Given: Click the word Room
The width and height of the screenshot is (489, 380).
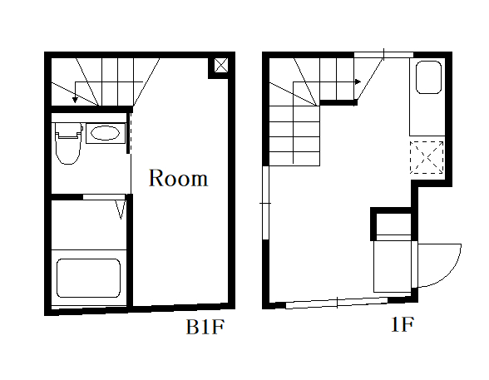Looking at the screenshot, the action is (x=178, y=178).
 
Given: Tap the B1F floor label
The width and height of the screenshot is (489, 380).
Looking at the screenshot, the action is (x=205, y=327).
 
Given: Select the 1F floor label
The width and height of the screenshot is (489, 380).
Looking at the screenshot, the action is (x=403, y=324).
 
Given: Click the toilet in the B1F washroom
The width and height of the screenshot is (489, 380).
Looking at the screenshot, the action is (x=68, y=143).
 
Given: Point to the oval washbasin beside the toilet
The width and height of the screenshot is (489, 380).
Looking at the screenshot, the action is (x=105, y=133).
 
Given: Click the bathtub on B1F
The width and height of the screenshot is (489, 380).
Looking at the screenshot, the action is (x=88, y=278).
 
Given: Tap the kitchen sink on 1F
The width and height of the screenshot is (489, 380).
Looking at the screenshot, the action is (x=429, y=77).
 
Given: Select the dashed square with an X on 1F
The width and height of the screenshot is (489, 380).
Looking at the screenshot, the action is (x=427, y=157).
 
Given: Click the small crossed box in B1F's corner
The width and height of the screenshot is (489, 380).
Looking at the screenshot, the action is (x=221, y=66).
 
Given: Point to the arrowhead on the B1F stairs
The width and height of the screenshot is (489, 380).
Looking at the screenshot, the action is (x=75, y=100).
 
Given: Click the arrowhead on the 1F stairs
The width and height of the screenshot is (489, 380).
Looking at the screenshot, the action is (x=358, y=82).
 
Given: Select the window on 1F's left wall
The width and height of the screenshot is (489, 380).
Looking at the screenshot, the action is (x=266, y=203).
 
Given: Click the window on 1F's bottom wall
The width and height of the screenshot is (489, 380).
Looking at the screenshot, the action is (x=337, y=303).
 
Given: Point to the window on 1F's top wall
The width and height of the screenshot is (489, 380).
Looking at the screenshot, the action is (x=383, y=55).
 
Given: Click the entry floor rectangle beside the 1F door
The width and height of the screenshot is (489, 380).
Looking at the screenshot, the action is (x=393, y=267).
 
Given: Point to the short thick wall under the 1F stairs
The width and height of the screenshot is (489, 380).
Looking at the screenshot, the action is (x=338, y=102).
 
